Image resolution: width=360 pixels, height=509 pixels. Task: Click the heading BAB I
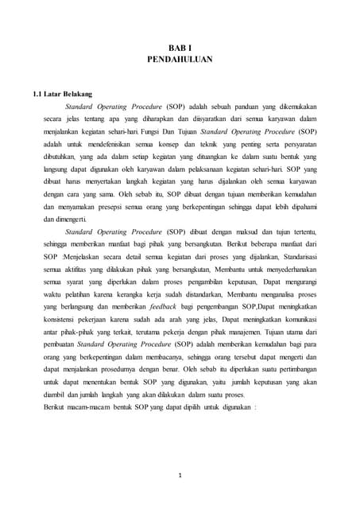coord(180,48)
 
